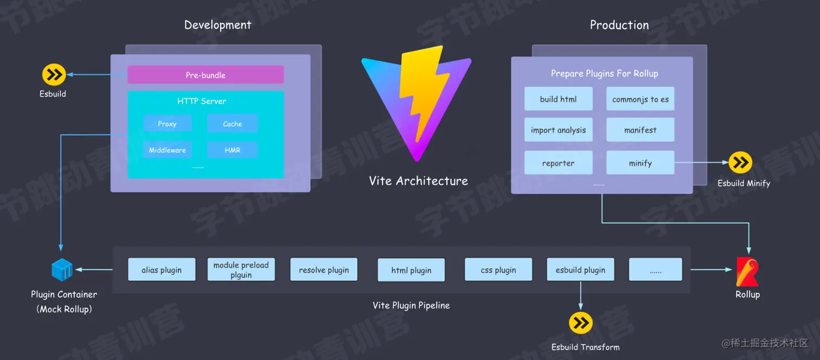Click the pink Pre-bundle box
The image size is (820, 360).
click(206, 75)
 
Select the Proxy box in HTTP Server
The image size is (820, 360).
click(167, 124)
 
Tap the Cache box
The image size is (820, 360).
click(232, 124)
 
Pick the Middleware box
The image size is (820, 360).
click(167, 150)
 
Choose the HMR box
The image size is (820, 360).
click(232, 150)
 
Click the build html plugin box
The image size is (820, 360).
click(558, 99)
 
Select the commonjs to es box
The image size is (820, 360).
click(640, 99)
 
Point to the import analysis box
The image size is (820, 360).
click(558, 130)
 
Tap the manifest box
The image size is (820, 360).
click(640, 130)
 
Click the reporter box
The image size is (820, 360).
click(558, 163)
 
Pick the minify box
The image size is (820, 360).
click(640, 163)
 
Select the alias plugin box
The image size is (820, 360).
click(162, 270)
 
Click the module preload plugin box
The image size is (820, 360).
click(241, 270)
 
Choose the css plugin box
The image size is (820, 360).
click(498, 270)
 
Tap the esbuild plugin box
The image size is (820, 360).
click(580, 270)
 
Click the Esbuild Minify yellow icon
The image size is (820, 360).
click(740, 163)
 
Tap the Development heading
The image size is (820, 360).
click(217, 25)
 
